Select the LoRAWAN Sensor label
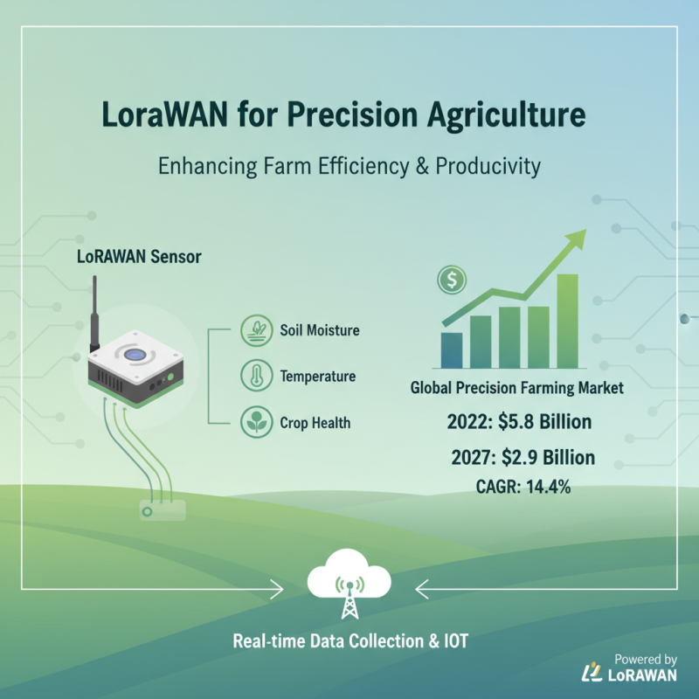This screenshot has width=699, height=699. [x=138, y=257]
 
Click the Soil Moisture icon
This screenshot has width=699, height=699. [x=253, y=331]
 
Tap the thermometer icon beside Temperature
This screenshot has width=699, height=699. [x=253, y=377]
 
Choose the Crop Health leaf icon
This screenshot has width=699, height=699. [x=253, y=423]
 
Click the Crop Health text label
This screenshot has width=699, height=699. [x=315, y=423]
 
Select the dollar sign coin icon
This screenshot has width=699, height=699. [x=453, y=280]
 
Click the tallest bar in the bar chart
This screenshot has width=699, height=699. [x=567, y=322]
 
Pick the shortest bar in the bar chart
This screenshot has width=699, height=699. [x=452, y=350]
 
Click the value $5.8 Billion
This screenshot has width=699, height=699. [x=544, y=423]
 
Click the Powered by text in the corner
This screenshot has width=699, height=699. [x=646, y=660]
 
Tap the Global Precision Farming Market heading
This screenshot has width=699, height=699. [x=517, y=388]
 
